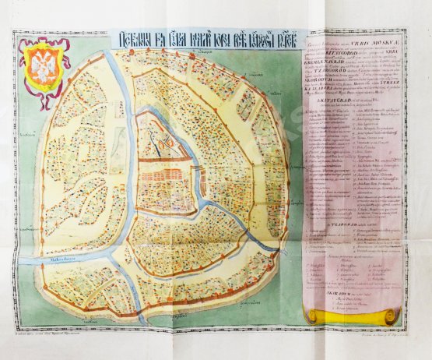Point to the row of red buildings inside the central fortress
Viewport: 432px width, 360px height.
163,179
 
